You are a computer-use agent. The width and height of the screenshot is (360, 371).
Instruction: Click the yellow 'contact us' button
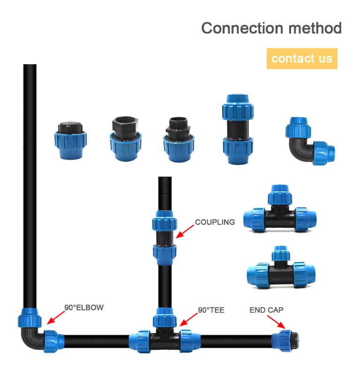(x=302, y=59)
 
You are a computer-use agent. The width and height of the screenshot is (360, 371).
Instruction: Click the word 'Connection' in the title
(x=242, y=28)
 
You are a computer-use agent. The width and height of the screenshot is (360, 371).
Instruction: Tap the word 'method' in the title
(x=315, y=28)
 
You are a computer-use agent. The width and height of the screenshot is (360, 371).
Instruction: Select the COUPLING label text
(x=215, y=222)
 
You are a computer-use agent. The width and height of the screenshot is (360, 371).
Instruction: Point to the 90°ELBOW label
(x=84, y=307)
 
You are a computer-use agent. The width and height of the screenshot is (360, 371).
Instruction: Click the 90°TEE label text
(x=211, y=310)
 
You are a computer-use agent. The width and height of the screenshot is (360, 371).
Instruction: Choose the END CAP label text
(x=266, y=310)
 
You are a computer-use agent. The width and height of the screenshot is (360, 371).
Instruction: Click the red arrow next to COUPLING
(x=185, y=231)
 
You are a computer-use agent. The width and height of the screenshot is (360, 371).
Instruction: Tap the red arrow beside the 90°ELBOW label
(x=56, y=318)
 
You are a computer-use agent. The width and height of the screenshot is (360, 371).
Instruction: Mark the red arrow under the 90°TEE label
(x=188, y=320)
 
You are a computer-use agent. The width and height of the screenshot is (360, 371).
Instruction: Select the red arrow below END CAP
(x=276, y=322)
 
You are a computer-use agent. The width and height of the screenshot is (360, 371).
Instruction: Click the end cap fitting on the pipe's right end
(x=285, y=341)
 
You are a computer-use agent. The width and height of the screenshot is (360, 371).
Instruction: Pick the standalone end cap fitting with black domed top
(x=70, y=140)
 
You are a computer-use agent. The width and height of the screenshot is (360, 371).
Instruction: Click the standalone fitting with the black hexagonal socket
(x=126, y=139)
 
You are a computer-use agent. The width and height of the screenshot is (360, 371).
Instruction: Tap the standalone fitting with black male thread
(x=179, y=140)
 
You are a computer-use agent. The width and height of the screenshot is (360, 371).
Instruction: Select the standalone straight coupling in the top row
(x=238, y=129)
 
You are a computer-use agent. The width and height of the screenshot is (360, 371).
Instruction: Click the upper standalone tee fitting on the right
(x=280, y=209)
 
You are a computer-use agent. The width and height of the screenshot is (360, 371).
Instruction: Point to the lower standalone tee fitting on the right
(x=281, y=267)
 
